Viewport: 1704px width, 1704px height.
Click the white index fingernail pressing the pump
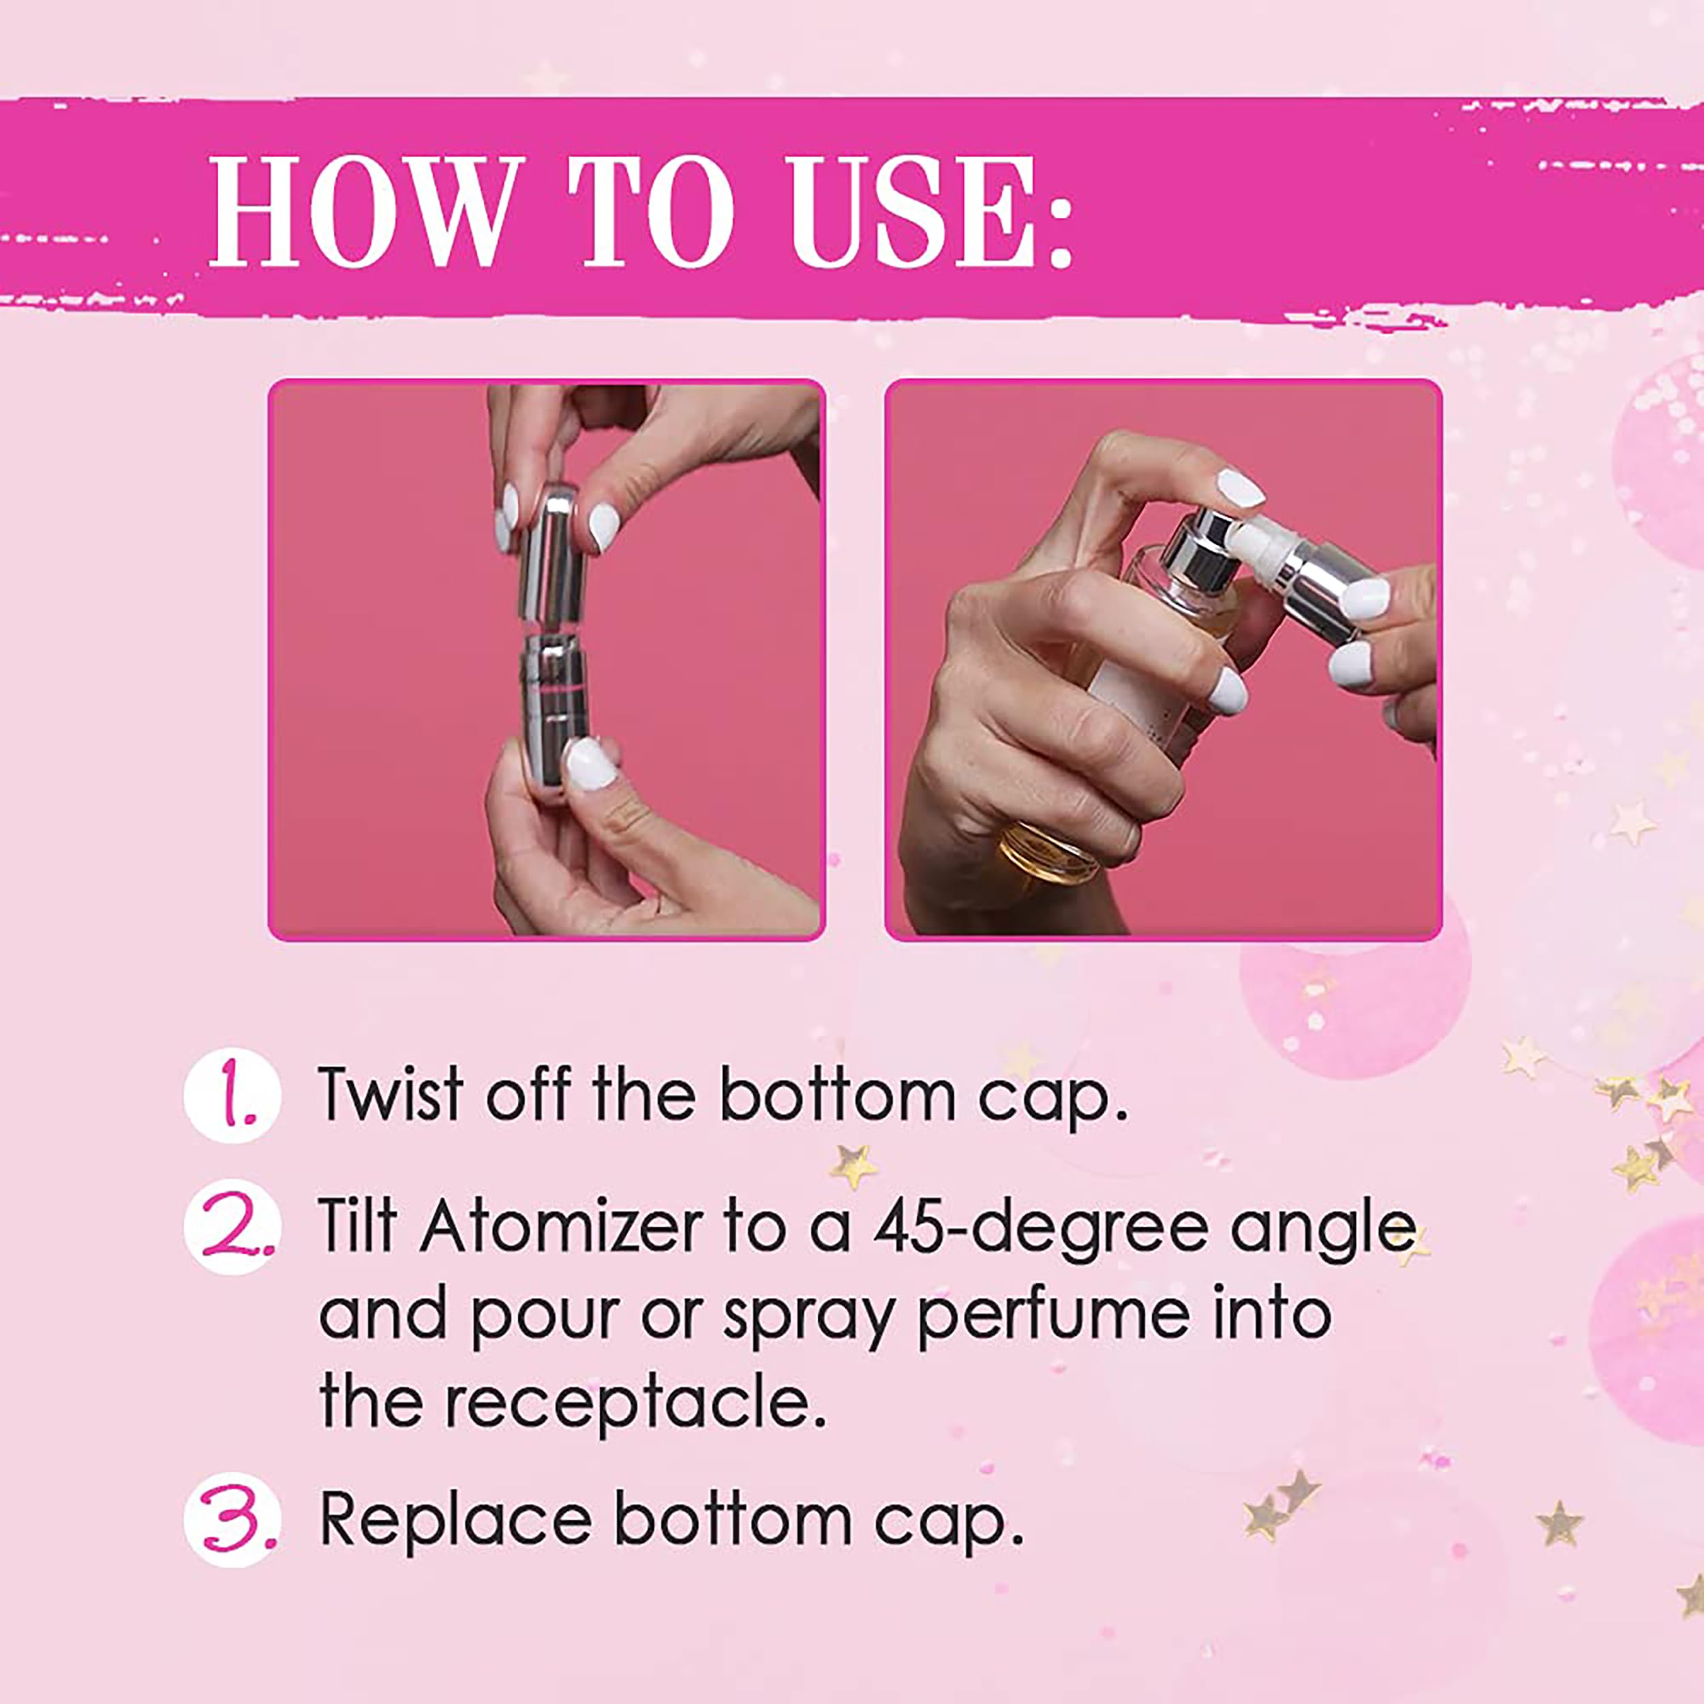tap(1239, 488)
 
